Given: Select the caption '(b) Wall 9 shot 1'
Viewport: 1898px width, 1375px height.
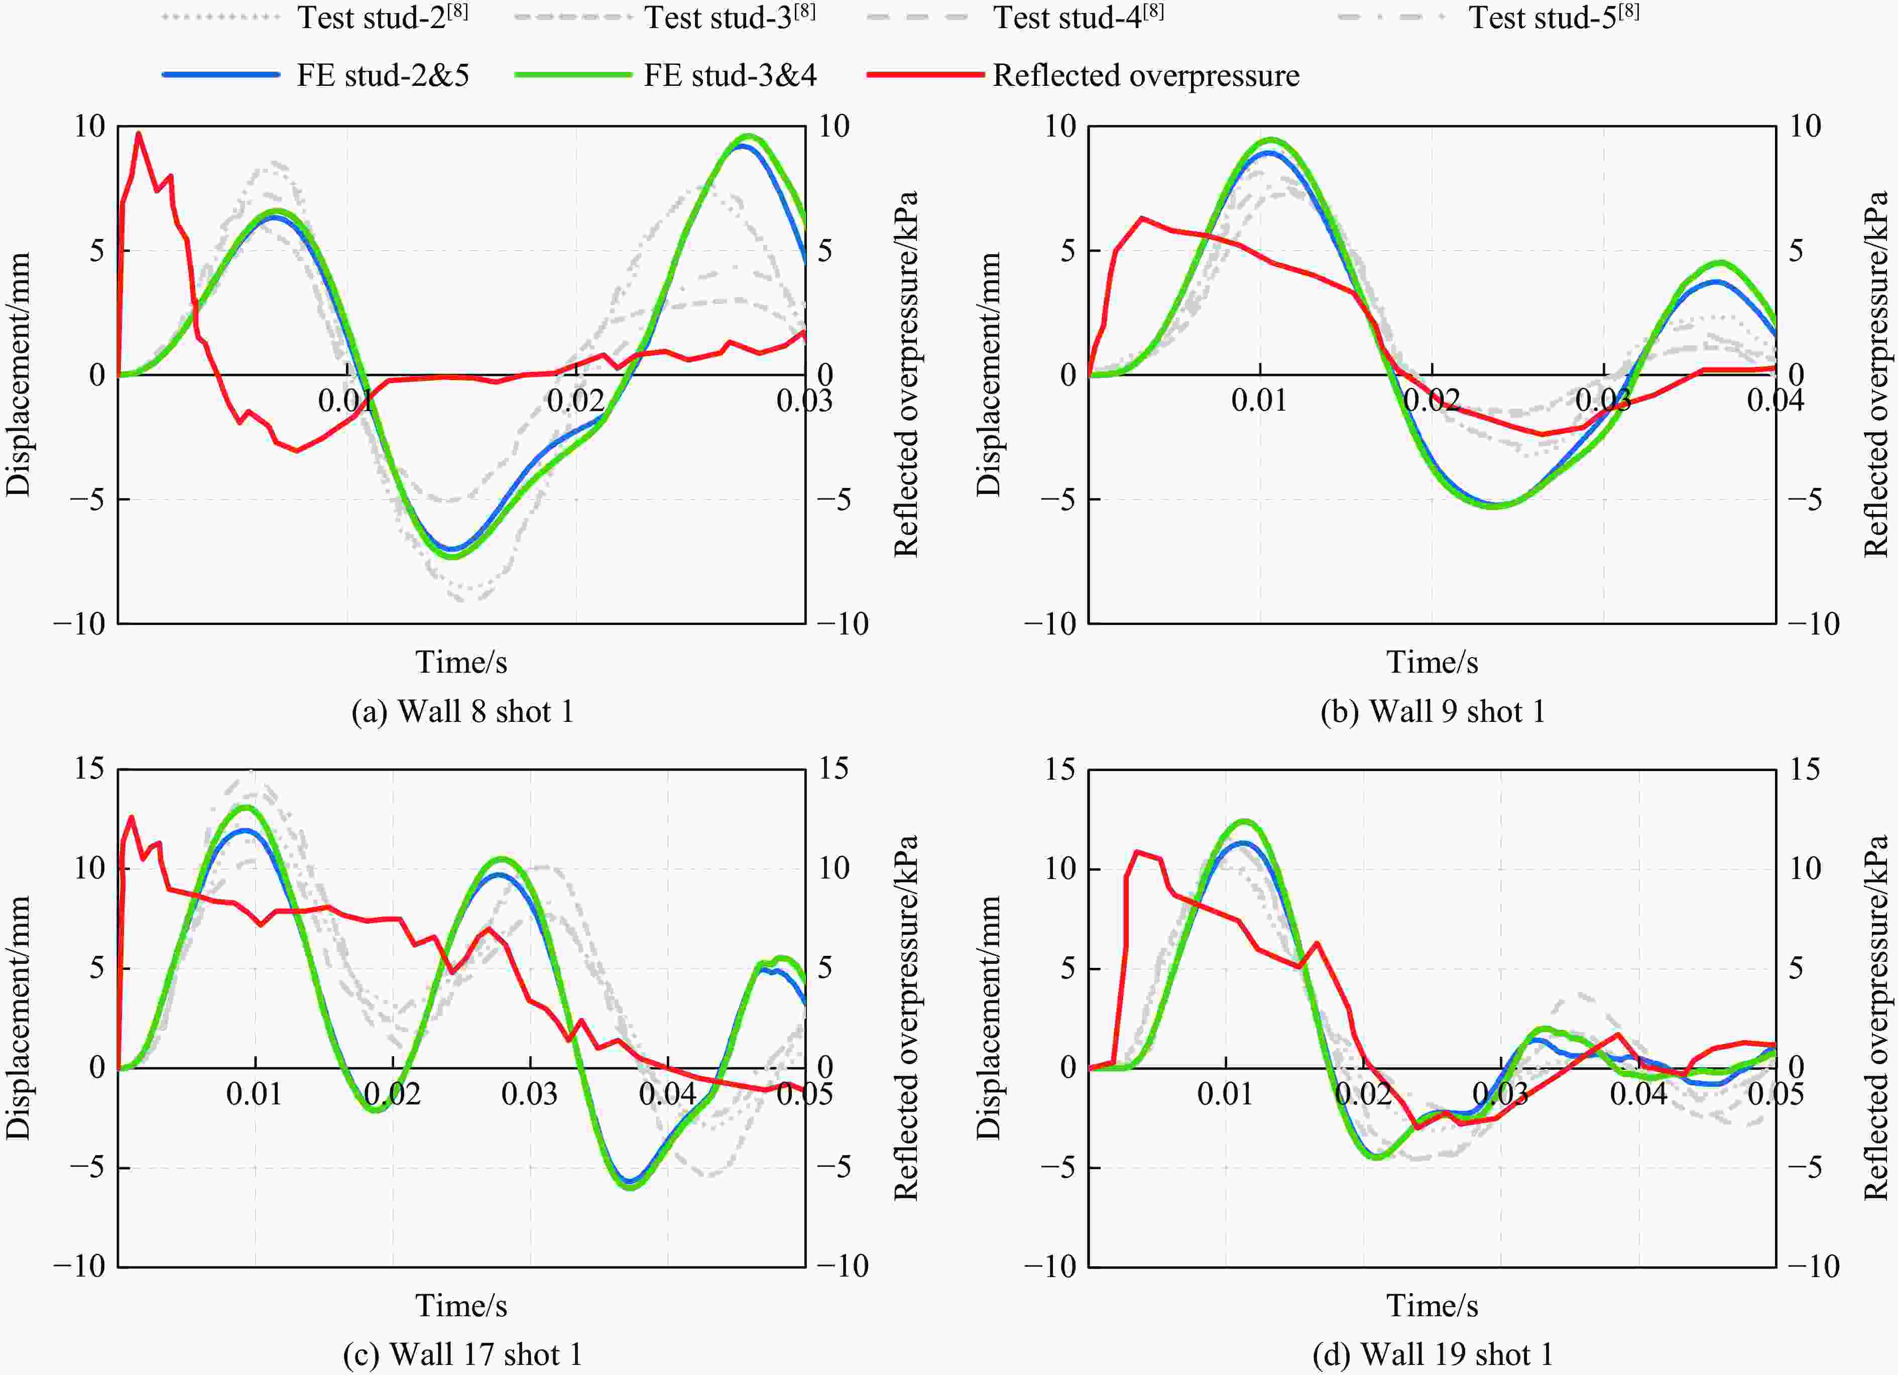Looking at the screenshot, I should click(1432, 711).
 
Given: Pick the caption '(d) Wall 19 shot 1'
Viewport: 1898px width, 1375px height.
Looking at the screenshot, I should click(1432, 1354).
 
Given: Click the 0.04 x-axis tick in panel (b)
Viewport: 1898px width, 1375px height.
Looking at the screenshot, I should click(1774, 401).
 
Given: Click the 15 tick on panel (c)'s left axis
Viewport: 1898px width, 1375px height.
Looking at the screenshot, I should click(89, 768).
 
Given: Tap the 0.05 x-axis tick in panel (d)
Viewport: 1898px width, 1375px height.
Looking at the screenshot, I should click(1774, 1094).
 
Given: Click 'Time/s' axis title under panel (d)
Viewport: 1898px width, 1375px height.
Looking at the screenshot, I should click(1432, 1306).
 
